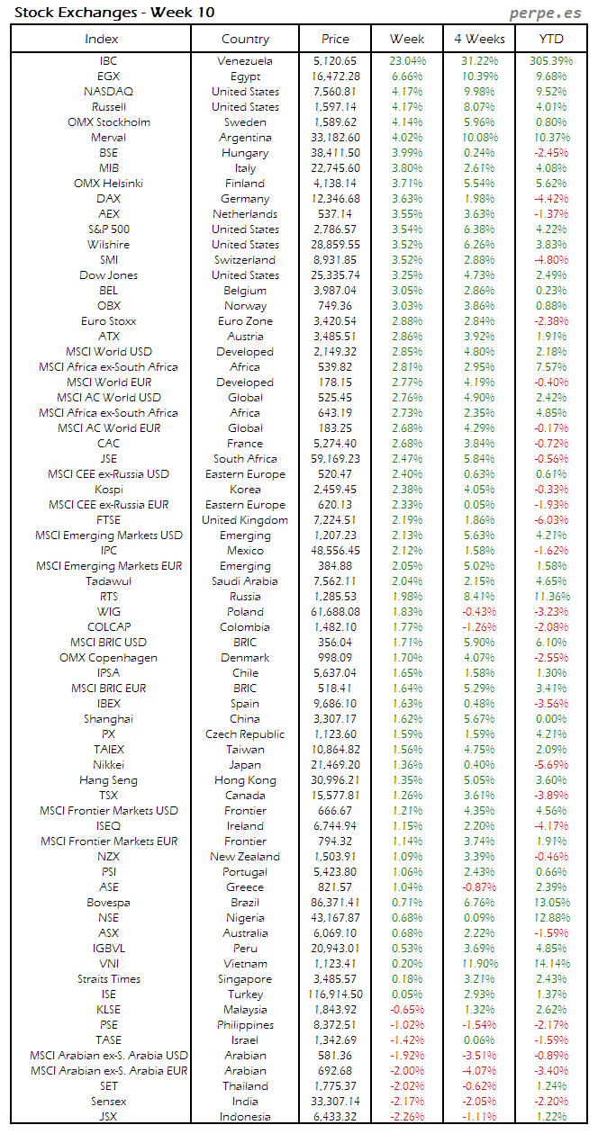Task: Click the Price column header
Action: click(335, 39)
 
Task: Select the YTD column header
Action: click(550, 39)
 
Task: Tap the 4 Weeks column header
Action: click(479, 39)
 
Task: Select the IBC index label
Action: click(108, 61)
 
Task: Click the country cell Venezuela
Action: click(245, 61)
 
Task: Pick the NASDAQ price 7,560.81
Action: click(335, 92)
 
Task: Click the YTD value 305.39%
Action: click(550, 61)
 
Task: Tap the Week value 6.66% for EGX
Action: click(408, 76)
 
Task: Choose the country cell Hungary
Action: click(245, 153)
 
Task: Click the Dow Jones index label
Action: click(108, 275)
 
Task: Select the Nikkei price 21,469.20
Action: click(335, 765)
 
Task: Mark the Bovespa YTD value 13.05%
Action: click(550, 902)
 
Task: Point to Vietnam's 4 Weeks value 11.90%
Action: click(479, 963)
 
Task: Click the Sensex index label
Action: click(108, 1101)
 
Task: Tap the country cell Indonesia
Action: click(245, 1116)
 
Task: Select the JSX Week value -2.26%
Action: click(408, 1116)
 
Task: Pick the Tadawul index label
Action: click(108, 581)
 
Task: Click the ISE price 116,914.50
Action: click(335, 994)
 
